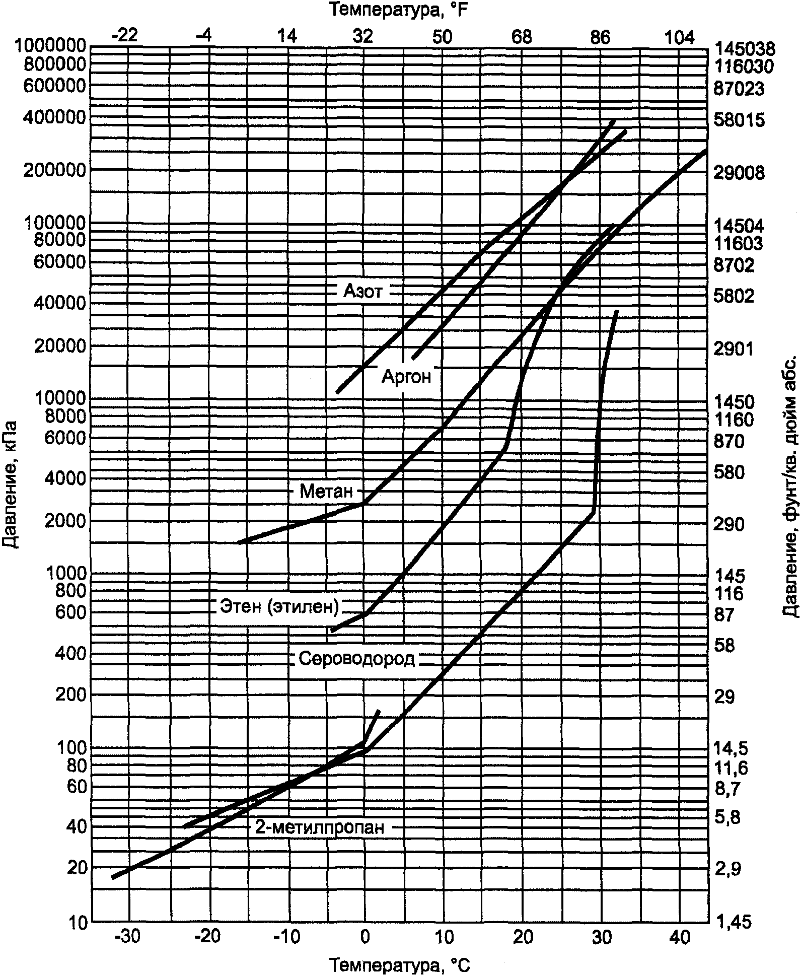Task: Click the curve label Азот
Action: pos(363,291)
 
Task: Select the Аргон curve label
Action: pos(407,377)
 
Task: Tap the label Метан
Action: pos(326,491)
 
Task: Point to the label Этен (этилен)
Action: pos(279,607)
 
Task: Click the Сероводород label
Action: pos(356,659)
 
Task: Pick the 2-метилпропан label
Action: pos(320,827)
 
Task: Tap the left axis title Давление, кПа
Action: pos(10,483)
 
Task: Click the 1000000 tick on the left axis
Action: pos(49,46)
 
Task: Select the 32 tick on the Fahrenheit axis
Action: pos(363,37)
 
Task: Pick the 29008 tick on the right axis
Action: pos(739,173)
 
